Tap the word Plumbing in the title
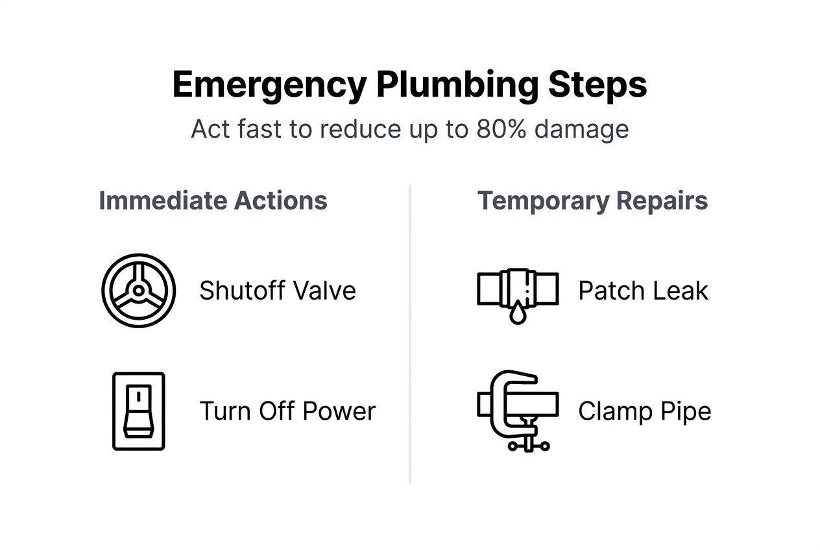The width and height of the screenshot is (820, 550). (457, 86)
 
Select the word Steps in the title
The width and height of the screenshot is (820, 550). (597, 86)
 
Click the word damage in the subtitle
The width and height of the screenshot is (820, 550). (581, 130)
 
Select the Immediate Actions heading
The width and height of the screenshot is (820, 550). (213, 200)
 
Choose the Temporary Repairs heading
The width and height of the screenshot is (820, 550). (592, 200)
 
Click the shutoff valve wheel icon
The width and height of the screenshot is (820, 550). (139, 291)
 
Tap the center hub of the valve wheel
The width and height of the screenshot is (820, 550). (139, 291)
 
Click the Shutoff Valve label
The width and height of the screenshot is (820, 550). (278, 291)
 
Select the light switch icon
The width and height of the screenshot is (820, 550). (139, 411)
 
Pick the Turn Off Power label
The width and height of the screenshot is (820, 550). (287, 411)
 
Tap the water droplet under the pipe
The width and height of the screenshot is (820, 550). (517, 315)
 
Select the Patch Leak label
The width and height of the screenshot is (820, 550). (643, 291)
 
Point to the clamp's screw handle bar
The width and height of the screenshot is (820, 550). (529, 446)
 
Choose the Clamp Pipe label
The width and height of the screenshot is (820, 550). (644, 411)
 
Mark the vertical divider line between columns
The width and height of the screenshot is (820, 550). (410, 334)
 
